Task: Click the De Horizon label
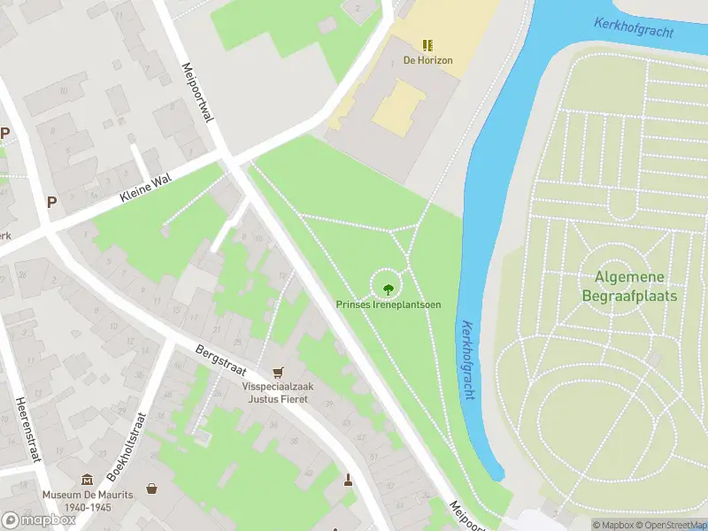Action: [x=427, y=61]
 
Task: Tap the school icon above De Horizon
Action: [x=427, y=44]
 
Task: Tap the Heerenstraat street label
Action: [x=23, y=431]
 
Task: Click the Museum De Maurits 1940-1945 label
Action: [x=87, y=500]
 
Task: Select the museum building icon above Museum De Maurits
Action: [x=87, y=479]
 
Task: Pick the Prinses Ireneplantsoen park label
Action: [x=388, y=304]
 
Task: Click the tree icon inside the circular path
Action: [x=388, y=288]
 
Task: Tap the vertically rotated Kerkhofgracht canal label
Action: [x=467, y=361]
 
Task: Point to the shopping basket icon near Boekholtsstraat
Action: [x=151, y=488]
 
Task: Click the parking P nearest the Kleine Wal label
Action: [x=51, y=202]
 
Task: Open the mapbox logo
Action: [x=38, y=520]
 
